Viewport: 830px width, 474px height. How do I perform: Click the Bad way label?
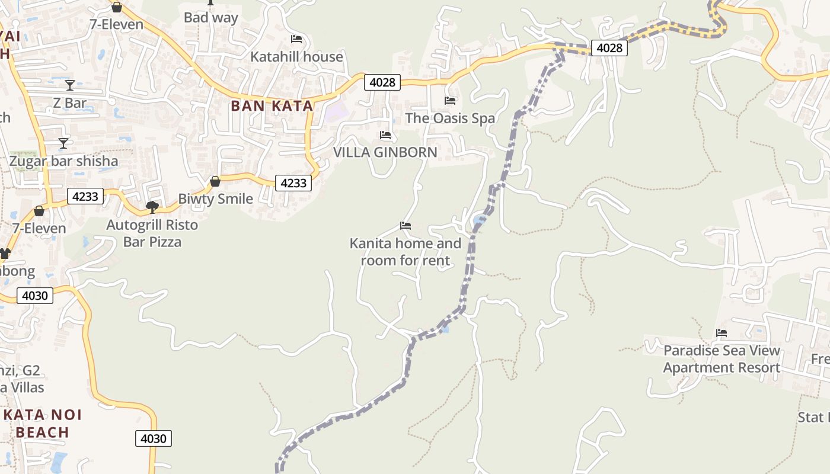coord(210,18)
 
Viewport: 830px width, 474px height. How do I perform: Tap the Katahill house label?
coord(296,57)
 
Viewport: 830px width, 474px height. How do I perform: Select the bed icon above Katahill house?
coord(296,39)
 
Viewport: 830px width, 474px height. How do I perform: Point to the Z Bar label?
coord(70,103)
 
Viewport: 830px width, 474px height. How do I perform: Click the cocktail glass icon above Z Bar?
coord(70,85)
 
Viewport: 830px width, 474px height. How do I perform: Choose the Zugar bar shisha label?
coord(63,161)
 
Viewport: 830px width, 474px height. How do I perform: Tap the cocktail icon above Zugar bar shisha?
coord(63,143)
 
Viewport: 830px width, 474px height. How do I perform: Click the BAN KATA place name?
coord(272,106)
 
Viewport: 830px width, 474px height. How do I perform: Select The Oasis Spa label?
coord(450,118)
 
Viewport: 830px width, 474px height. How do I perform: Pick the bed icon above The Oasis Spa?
coord(450,100)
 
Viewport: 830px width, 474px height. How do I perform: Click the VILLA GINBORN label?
coord(385,152)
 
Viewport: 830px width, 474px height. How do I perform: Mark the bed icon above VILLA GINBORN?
coord(385,135)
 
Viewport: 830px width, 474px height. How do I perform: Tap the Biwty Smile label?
coord(215,199)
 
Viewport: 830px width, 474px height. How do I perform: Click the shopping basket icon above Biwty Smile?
coord(215,181)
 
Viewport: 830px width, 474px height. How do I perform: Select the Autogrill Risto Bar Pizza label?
coord(152,233)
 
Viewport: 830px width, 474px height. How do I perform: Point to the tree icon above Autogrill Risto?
coord(152,207)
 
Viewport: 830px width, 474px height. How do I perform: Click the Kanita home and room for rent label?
coord(406,252)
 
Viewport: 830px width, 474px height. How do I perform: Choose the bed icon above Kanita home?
coord(406,225)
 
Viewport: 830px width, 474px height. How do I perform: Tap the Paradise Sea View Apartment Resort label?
coord(722,359)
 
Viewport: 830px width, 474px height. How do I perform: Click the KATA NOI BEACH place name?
coord(43,423)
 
